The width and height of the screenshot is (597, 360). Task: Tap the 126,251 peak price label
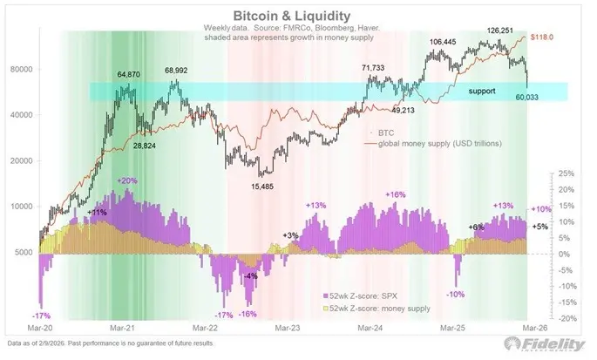coord(503,30)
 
